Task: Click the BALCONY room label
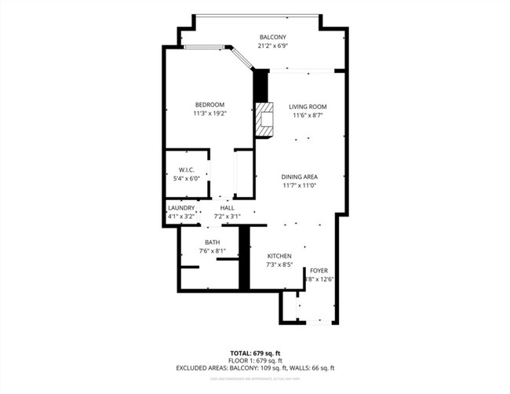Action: (273, 37)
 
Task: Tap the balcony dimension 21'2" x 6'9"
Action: (273, 46)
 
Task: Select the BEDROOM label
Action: (209, 105)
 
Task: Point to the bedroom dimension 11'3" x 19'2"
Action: (209, 114)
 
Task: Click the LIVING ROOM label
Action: (307, 107)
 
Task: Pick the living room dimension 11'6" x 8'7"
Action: (307, 115)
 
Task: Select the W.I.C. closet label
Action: (187, 170)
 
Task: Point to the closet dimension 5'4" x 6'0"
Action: (187, 178)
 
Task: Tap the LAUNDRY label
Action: (180, 208)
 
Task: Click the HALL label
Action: (227, 208)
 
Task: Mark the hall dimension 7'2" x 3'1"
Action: (227, 216)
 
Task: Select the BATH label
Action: (212, 242)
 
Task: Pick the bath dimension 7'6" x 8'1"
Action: (212, 251)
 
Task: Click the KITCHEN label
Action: (279, 257)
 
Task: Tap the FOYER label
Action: (318, 269)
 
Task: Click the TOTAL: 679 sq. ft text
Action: (255, 352)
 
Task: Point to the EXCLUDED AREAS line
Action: (255, 367)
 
